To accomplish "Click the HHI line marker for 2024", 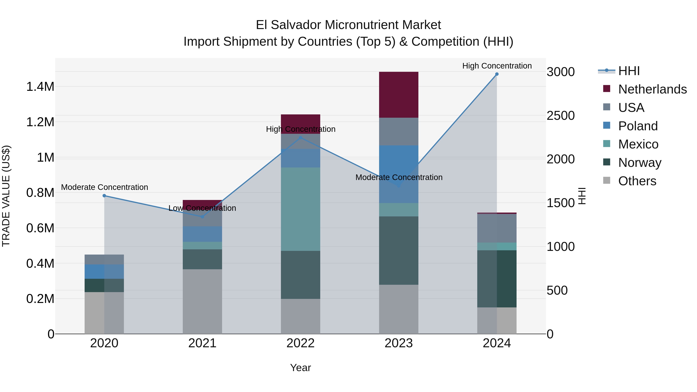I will tap(497, 74).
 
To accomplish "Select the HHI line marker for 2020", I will tap(104, 196).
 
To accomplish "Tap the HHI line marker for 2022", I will tap(300, 138).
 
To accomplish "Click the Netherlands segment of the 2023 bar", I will tap(399, 95).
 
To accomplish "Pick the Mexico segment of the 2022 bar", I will tap(300, 209).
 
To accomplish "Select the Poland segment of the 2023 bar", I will tap(399, 162).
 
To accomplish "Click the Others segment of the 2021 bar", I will tap(202, 301).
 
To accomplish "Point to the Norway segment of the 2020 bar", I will tap(104, 285).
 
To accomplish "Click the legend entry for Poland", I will tap(638, 126).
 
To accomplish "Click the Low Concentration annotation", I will tap(202, 208).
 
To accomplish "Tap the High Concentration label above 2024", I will tap(497, 66).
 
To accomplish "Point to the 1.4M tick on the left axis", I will tap(40, 87).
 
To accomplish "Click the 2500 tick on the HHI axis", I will tap(560, 116).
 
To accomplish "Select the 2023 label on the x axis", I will tap(399, 343).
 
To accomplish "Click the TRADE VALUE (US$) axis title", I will tap(6, 196).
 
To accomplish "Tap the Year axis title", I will tap(300, 368).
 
